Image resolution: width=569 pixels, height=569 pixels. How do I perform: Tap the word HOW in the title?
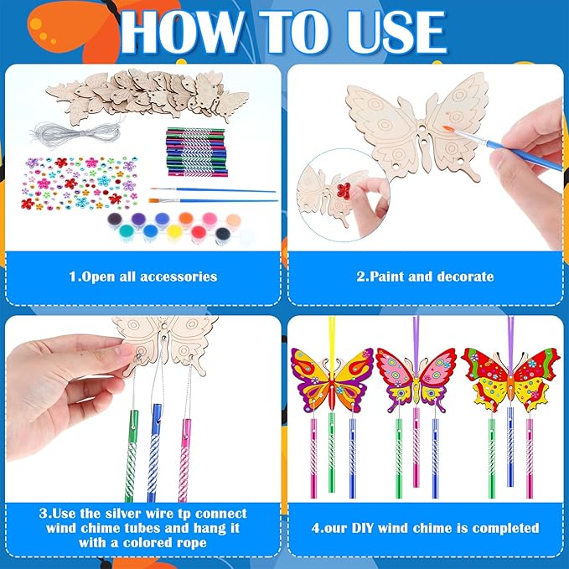point(182,32)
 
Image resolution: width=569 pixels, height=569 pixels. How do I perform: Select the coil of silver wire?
point(78,134)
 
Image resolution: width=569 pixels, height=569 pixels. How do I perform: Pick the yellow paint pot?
point(173,232)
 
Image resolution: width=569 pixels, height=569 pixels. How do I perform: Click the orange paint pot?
point(186,220)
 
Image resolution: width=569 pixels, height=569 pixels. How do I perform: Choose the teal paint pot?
point(127,232)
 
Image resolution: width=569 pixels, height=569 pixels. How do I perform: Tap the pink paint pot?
point(209,220)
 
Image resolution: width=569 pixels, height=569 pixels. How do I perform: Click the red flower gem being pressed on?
point(344,190)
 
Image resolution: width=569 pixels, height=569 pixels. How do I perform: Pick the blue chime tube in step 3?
point(155,453)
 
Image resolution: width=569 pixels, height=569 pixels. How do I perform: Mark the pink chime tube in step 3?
point(184,460)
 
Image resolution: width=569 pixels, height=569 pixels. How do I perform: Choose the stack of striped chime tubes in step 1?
point(197,152)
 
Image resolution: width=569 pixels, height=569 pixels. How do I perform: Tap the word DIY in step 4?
point(363,528)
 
